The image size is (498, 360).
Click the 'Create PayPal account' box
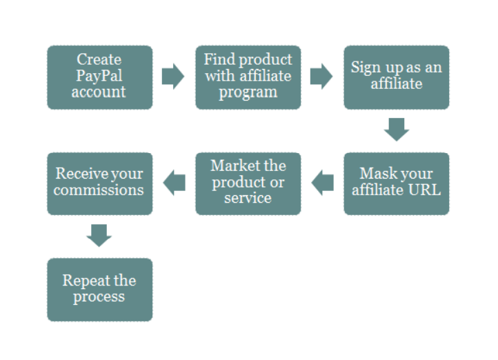coord(100,77)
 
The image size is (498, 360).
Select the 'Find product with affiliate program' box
coord(248,77)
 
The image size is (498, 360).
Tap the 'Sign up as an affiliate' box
coord(397,77)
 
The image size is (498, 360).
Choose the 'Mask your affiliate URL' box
coord(397,184)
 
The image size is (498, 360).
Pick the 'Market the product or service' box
coord(248,184)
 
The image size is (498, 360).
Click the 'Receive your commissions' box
coord(100,184)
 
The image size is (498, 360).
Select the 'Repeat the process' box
coord(100,290)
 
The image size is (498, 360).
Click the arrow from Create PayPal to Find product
coord(173,77)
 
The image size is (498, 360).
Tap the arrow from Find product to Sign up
coord(321,77)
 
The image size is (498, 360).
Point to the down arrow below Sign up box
coord(397,130)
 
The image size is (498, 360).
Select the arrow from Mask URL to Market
coord(322,183)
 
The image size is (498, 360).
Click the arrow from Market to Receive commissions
coord(174,183)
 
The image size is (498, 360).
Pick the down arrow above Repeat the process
coord(99,236)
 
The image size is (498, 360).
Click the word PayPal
coord(99,76)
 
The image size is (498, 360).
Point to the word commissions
coord(99,190)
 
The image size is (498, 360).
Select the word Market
coord(235,166)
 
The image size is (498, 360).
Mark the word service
coord(248,198)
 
